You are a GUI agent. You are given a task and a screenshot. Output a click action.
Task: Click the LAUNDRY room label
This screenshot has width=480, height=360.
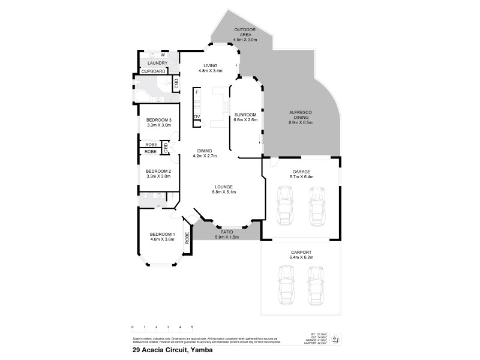tap(157, 62)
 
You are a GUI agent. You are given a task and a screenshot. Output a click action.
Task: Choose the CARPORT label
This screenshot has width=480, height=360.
tap(301, 253)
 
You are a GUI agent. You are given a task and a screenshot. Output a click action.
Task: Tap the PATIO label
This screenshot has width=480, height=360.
tap(226, 231)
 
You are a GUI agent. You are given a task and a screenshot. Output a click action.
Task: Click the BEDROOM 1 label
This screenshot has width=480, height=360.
tap(162, 234)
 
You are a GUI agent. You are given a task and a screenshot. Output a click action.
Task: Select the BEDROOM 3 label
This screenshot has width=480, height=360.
tap(159, 120)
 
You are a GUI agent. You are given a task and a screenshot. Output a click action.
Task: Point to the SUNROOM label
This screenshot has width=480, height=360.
tap(245, 114)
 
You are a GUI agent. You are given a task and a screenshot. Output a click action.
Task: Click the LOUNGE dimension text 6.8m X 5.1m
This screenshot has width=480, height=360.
tap(224, 192)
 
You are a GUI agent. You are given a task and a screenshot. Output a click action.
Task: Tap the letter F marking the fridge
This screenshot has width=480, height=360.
tap(197, 92)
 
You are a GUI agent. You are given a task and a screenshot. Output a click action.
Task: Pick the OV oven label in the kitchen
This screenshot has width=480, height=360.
tap(196, 116)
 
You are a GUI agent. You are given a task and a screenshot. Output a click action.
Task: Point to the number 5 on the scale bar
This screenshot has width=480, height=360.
tap(192, 327)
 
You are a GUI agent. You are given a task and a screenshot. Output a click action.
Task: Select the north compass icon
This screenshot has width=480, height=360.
tap(336, 340)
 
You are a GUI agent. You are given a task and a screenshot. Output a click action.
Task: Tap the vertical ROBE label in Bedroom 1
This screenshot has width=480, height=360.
tap(187, 241)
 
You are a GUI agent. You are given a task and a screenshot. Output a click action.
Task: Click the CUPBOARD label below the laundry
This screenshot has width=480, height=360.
tap(153, 71)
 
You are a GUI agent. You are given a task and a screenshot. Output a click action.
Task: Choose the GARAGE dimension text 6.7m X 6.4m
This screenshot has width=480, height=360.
tap(301, 177)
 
